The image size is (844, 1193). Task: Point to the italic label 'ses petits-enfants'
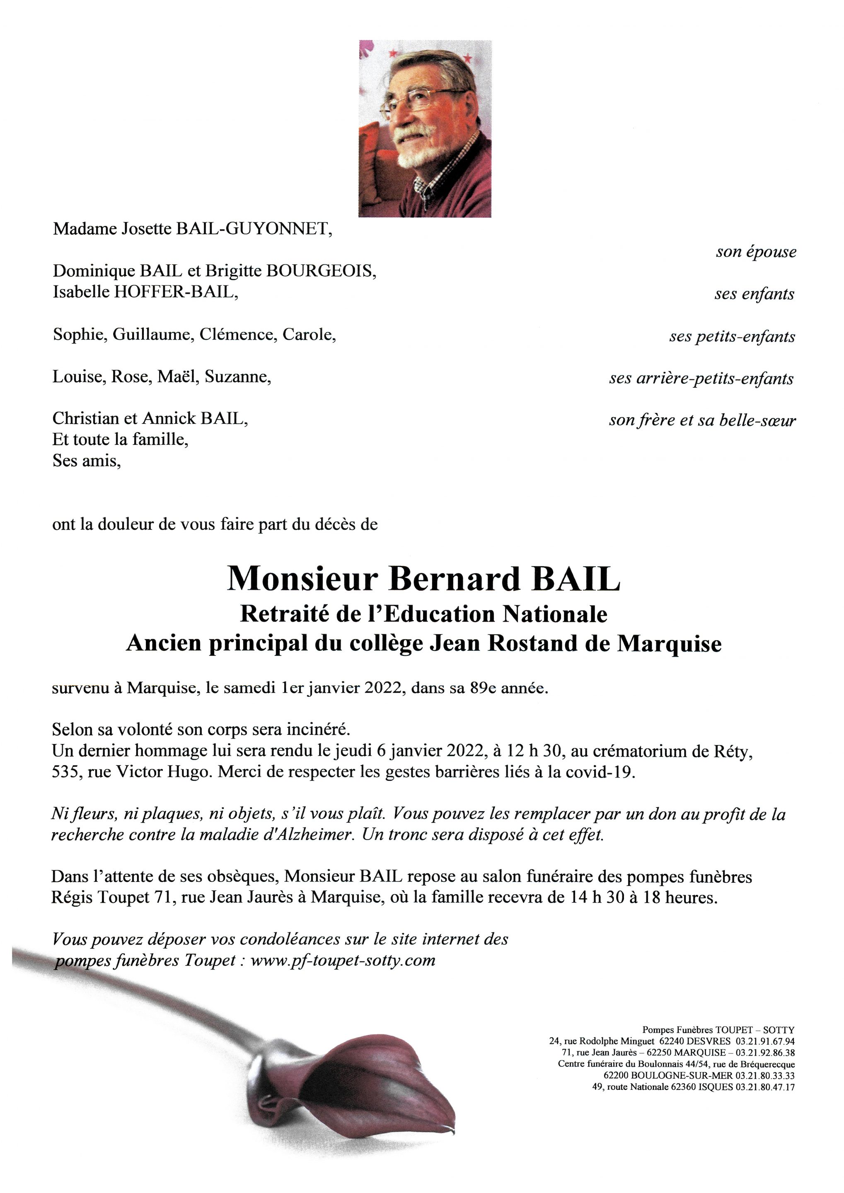[x=732, y=337]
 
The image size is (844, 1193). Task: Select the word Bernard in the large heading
[x=454, y=578]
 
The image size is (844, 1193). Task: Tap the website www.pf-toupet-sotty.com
[x=343, y=961]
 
